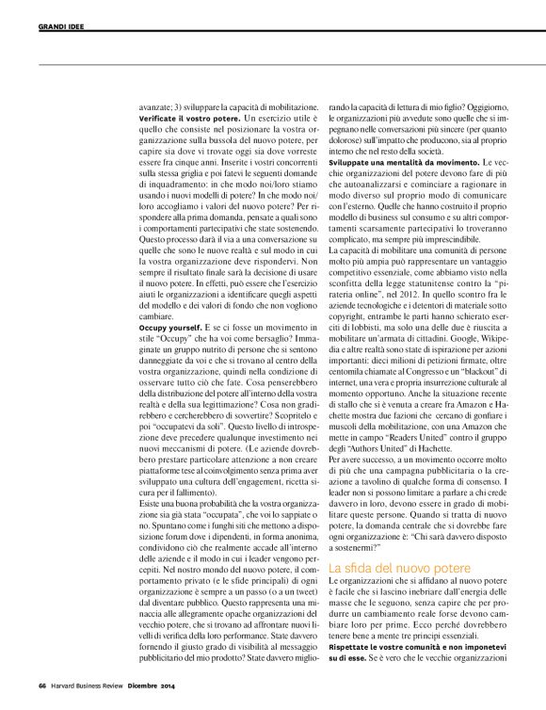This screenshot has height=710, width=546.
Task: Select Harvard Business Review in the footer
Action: pos(88,685)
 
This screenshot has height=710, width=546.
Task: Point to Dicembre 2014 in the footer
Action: pos(155,685)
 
